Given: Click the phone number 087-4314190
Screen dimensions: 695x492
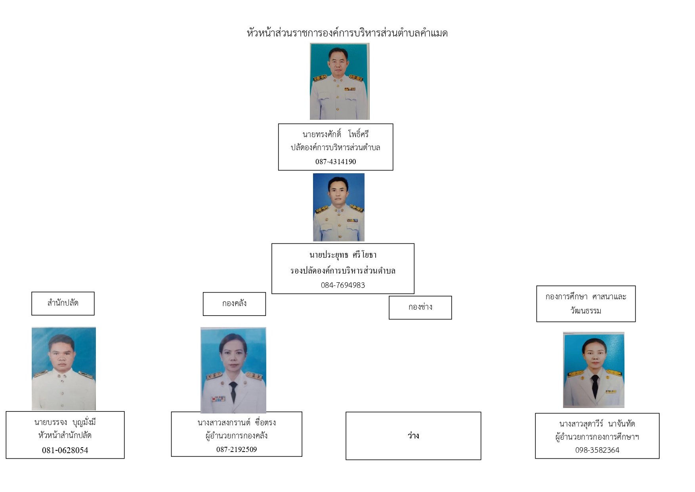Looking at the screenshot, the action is [336, 162].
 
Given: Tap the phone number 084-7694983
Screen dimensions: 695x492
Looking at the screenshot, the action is [343, 285].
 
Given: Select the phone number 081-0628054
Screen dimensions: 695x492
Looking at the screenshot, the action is [65, 450].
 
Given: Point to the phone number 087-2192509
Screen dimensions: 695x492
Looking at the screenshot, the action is [237, 450].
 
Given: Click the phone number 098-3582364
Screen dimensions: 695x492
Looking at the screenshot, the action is [597, 450].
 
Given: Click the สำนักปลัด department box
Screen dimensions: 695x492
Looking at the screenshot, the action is [63, 304].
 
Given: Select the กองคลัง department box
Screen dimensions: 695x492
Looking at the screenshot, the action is [234, 304].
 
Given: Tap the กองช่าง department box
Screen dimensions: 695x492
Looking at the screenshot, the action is [420, 308].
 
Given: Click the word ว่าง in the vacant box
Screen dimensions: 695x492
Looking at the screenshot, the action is [413, 436].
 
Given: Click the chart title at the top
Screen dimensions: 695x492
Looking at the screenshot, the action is [347, 33].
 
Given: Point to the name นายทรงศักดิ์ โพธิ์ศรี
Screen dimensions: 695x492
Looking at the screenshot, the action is [336, 134].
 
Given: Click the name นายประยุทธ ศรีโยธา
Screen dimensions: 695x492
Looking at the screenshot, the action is [343, 255].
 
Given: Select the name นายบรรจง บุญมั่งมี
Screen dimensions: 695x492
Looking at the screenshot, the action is [65, 423].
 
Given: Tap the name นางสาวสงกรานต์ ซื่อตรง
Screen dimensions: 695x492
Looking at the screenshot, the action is [237, 423].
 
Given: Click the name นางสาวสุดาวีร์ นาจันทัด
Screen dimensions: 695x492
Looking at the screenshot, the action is [597, 424].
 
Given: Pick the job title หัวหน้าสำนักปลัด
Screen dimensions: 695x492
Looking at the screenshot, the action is [65, 435].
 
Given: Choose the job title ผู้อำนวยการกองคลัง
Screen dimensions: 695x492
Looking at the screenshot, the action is [237, 436].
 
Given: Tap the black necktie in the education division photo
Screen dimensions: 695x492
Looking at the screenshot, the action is [595, 387].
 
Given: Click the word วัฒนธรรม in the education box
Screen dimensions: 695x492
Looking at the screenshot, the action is [586, 311].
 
